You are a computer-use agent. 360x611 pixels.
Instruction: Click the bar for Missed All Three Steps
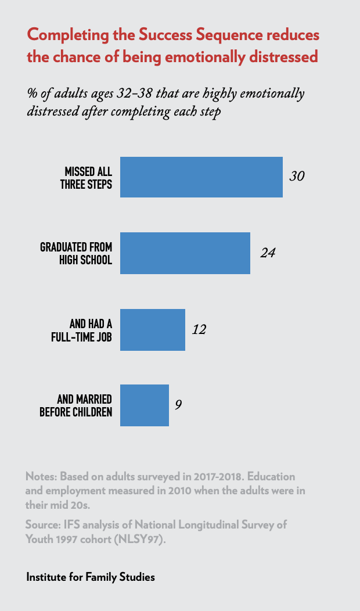pyautogui.click(x=201, y=177)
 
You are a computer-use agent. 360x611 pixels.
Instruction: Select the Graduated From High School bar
pyautogui.click(x=185, y=253)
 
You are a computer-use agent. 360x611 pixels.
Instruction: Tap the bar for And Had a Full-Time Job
pyautogui.click(x=152, y=330)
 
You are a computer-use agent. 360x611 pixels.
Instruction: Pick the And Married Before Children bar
pyautogui.click(x=144, y=405)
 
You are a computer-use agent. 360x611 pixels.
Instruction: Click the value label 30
pyautogui.click(x=297, y=177)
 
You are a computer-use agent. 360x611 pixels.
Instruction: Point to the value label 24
pyautogui.click(x=267, y=253)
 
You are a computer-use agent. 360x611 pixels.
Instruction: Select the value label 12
pyautogui.click(x=199, y=330)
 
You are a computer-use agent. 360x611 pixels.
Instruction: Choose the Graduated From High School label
pyautogui.click(x=75, y=253)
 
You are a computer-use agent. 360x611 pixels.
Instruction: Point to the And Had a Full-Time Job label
pyautogui.click(x=81, y=330)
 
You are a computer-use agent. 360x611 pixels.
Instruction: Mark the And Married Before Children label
pyautogui.click(x=75, y=405)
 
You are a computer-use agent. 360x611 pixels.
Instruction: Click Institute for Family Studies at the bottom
pyautogui.click(x=90, y=577)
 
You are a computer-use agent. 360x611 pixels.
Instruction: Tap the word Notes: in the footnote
pyautogui.click(x=41, y=476)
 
